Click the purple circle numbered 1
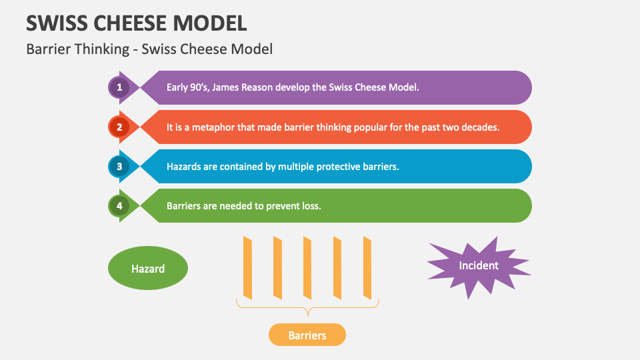click(119, 87)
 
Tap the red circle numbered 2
click(119, 127)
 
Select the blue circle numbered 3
click(119, 167)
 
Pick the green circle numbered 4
click(119, 206)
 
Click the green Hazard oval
click(148, 268)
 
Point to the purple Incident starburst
click(479, 266)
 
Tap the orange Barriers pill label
click(307, 335)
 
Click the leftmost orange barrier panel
click(247, 268)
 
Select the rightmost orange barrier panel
click(367, 268)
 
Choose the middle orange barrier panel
click(307, 268)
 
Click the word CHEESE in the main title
click(130, 23)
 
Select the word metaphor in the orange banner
click(213, 127)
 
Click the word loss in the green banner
click(311, 206)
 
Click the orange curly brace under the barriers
click(308, 307)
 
